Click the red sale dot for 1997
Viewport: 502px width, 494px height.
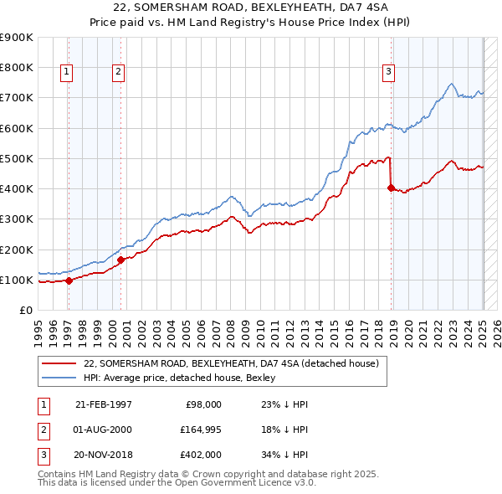[69, 280]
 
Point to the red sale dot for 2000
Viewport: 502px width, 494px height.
[120, 260]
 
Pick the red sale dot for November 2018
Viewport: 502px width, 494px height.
[391, 188]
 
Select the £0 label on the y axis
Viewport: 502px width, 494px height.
[24, 311]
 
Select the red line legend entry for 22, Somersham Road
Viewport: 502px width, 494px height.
[232, 363]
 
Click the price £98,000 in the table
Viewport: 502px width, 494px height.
[203, 404]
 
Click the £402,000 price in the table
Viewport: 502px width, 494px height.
[201, 455]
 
